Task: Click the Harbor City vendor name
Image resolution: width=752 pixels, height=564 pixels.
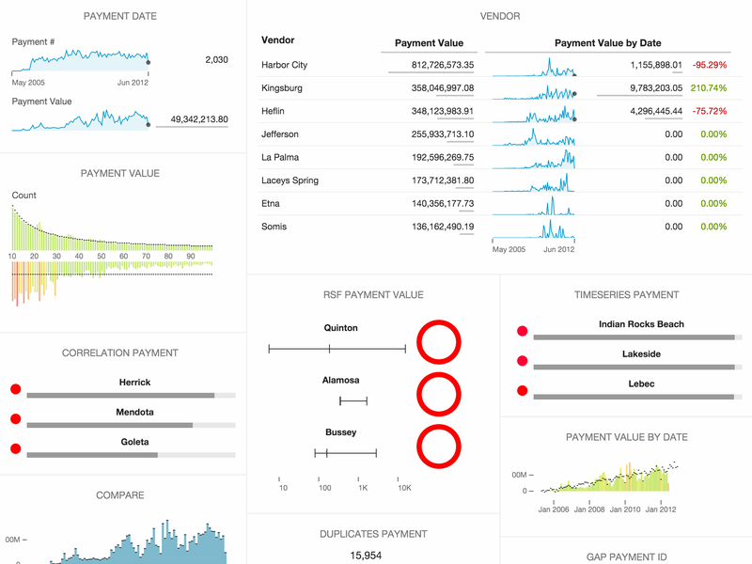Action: click(x=284, y=65)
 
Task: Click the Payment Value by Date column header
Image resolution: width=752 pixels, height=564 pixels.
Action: click(x=607, y=43)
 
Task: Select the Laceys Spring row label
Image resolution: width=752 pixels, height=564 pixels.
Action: click(x=290, y=180)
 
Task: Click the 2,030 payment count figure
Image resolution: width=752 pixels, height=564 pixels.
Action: click(x=216, y=60)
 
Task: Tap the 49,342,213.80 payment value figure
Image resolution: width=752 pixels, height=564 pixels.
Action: click(x=199, y=119)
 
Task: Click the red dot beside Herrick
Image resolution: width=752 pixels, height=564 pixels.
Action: click(x=15, y=389)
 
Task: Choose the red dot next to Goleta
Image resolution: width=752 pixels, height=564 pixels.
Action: click(x=15, y=448)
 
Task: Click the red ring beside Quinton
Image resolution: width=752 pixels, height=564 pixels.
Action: click(x=437, y=343)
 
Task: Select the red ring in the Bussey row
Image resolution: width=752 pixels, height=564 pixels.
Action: click(x=437, y=446)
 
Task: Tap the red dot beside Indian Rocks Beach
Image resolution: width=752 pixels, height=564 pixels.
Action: click(x=523, y=331)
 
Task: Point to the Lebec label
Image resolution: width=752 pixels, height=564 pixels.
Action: click(x=641, y=384)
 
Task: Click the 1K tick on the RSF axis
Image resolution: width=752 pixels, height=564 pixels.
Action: click(x=363, y=488)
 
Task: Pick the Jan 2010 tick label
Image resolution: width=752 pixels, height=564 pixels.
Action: click(x=624, y=509)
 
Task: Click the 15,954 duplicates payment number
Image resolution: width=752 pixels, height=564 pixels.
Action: click(x=366, y=556)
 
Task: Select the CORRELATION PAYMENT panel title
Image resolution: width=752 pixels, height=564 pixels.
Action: click(x=119, y=353)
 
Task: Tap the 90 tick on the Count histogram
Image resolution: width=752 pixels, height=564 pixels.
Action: click(x=191, y=256)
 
